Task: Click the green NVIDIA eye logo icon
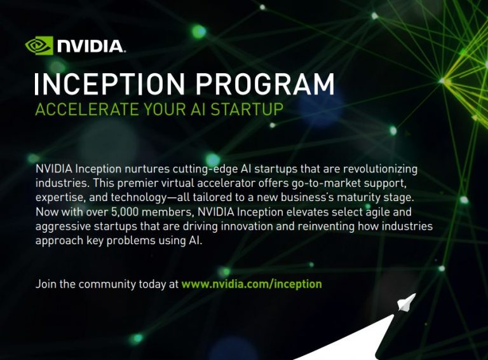[39, 45]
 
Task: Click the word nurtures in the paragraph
[147, 169]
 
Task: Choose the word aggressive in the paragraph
[65, 226]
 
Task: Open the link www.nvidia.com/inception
[252, 284]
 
